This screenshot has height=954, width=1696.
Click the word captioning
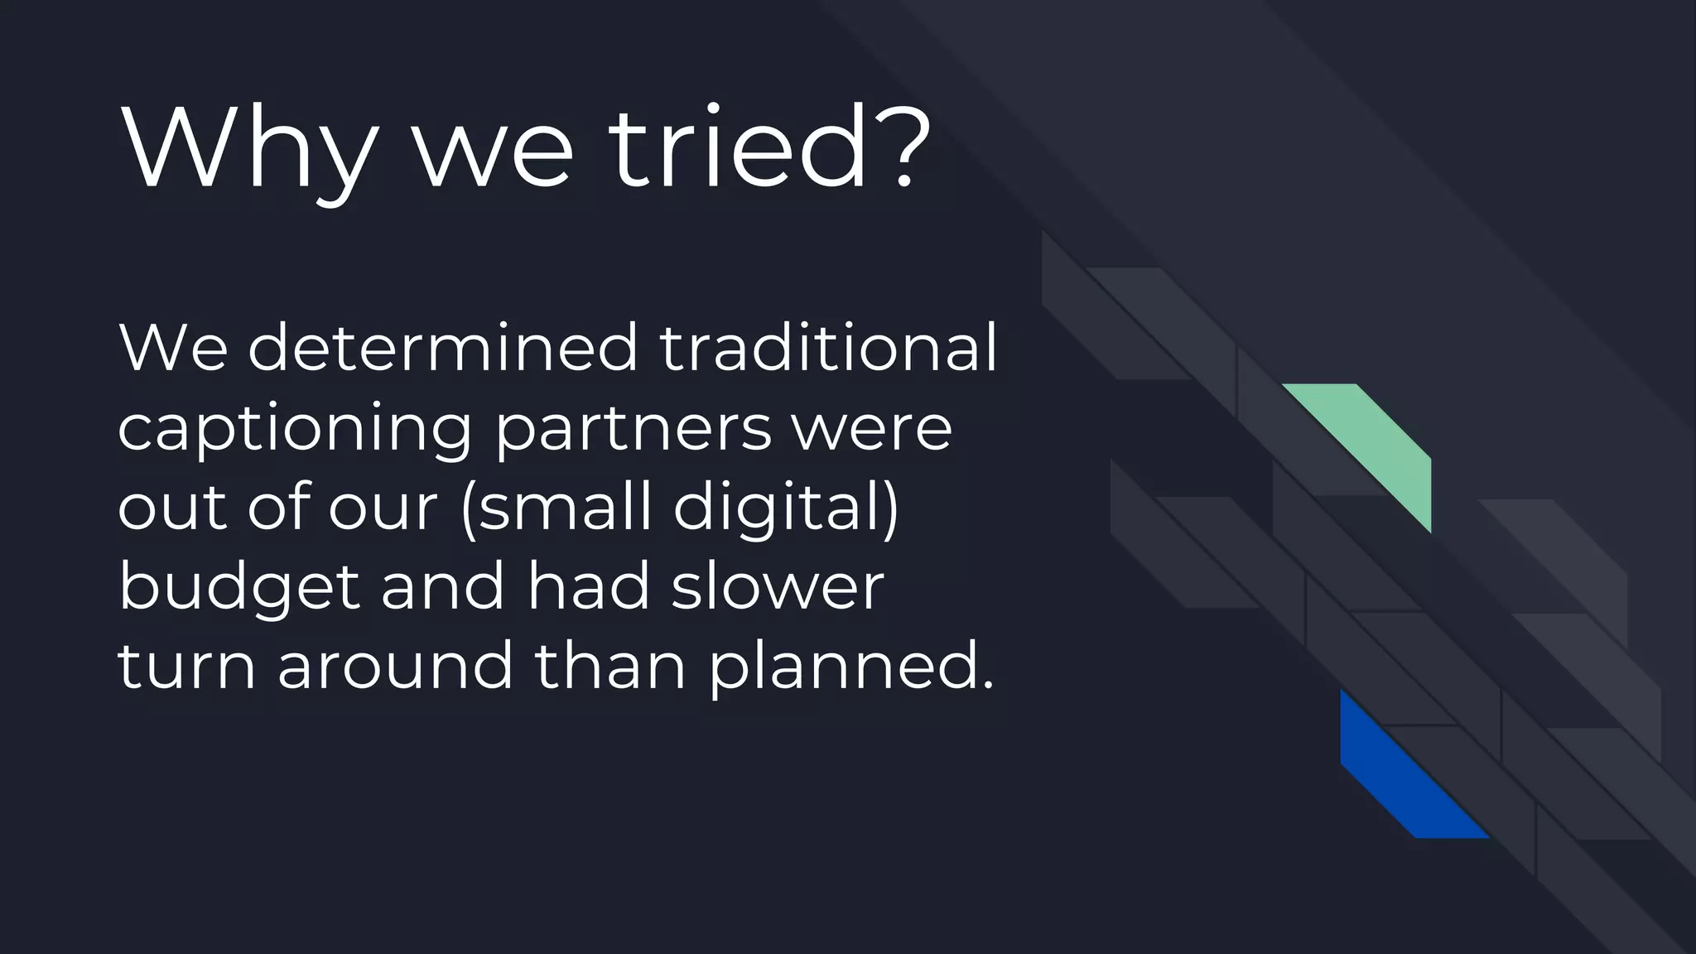click(x=295, y=429)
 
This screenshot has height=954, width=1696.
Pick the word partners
click(x=633, y=429)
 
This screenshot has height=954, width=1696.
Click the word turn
click(x=187, y=666)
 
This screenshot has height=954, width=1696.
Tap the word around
click(x=396, y=666)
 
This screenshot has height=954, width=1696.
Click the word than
click(x=610, y=666)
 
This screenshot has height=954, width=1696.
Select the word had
click(x=589, y=586)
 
